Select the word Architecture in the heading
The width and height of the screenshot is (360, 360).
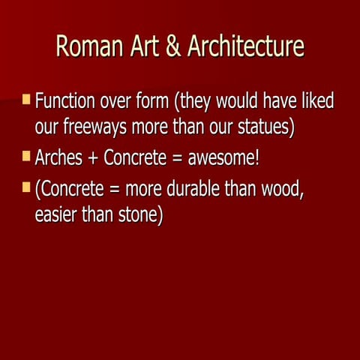pos(246,46)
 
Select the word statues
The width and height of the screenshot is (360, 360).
pos(259,126)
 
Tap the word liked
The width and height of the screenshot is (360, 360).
pos(315,100)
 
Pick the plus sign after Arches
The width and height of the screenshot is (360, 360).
pos(94,159)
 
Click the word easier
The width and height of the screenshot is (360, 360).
pos(61,214)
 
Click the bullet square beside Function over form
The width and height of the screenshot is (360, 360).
pos(27,99)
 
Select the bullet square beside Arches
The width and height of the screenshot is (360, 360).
pos(27,157)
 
